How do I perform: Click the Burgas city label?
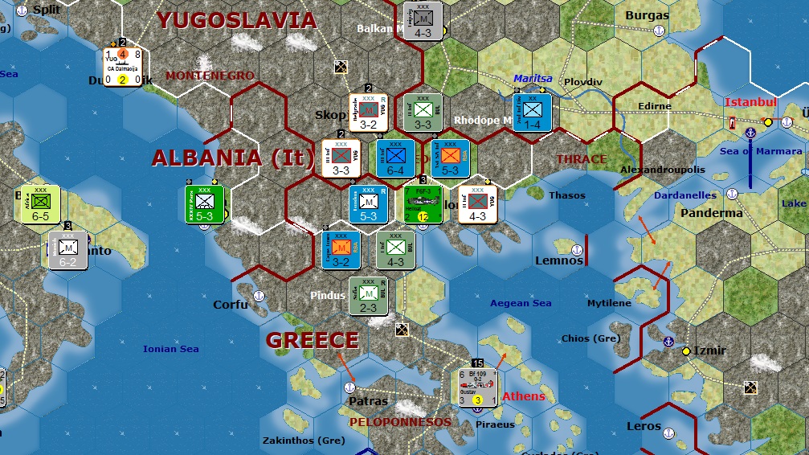coord(646,15)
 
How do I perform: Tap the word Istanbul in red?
coord(750,102)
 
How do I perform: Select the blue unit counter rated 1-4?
coord(533,113)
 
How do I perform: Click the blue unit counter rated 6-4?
coord(396,158)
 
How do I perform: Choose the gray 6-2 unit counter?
coord(67,249)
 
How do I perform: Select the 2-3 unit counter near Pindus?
coord(369,297)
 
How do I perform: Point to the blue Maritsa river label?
coord(533,79)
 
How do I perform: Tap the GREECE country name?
coord(312,340)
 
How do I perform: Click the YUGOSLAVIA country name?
coord(237,20)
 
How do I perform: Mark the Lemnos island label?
coord(559,260)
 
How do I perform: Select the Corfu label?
coord(231,305)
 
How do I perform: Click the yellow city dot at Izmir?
coord(686,351)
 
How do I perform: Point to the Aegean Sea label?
coord(521,303)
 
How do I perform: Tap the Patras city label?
coord(369,400)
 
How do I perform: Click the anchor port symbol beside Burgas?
coord(658,31)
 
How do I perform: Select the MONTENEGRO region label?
coord(210,76)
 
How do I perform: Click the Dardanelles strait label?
coord(684,195)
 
